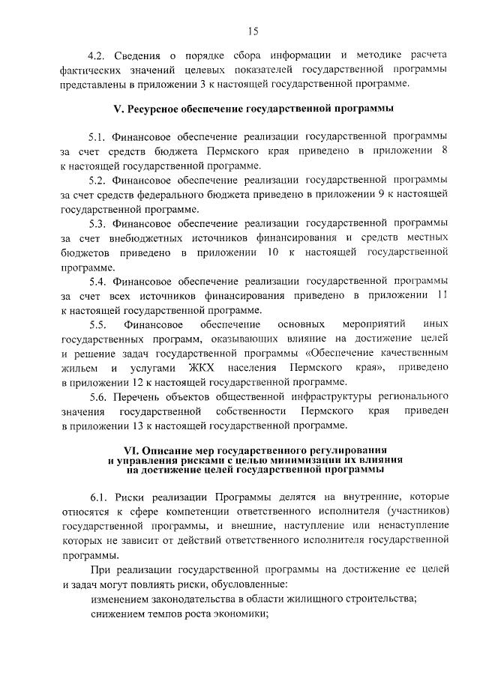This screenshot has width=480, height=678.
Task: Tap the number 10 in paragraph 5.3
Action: click(x=271, y=252)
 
